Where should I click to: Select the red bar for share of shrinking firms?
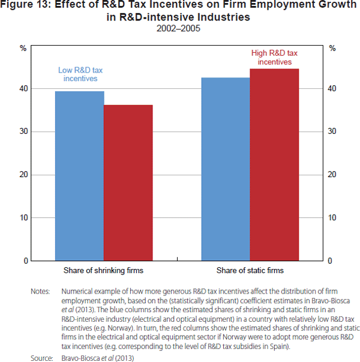tap(128, 183)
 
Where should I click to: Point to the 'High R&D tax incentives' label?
tap(274, 58)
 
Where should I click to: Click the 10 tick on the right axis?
tap(332, 218)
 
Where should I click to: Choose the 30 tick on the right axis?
tap(332, 131)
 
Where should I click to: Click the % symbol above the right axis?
tap(332, 48)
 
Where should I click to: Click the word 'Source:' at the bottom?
tap(41, 358)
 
